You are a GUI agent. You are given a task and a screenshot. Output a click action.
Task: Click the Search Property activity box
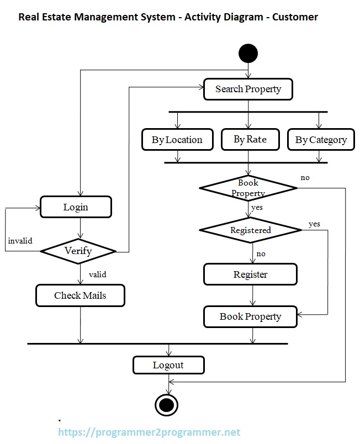click(x=248, y=89)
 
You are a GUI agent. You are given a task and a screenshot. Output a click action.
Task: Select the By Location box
click(x=177, y=140)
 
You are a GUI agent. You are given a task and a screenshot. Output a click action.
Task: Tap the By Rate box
click(x=250, y=139)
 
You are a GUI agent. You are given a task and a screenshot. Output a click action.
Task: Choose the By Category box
click(x=321, y=140)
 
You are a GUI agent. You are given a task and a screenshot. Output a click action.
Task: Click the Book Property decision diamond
click(x=248, y=188)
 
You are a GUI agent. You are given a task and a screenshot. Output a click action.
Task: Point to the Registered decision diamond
click(x=250, y=230)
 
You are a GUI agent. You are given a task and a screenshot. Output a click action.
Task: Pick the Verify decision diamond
click(x=78, y=251)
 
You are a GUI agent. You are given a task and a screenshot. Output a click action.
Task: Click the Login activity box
click(x=76, y=208)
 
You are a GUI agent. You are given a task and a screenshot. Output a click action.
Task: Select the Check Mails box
click(x=80, y=295)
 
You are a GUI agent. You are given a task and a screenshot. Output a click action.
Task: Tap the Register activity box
click(x=250, y=274)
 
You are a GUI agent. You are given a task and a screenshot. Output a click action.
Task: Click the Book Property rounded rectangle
click(x=250, y=316)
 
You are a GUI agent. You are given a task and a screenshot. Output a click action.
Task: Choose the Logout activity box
click(x=168, y=365)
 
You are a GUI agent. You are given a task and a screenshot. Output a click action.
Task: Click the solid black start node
click(x=248, y=54)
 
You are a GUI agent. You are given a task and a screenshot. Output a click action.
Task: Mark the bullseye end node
click(x=166, y=405)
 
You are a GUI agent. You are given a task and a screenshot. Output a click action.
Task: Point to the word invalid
click(x=20, y=241)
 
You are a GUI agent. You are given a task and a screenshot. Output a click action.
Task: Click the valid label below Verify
click(x=97, y=274)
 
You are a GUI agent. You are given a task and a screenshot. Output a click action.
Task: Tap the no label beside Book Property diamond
click(x=305, y=178)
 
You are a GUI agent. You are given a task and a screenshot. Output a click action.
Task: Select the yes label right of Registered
click(x=314, y=224)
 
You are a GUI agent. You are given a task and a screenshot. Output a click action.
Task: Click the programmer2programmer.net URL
click(x=149, y=432)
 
